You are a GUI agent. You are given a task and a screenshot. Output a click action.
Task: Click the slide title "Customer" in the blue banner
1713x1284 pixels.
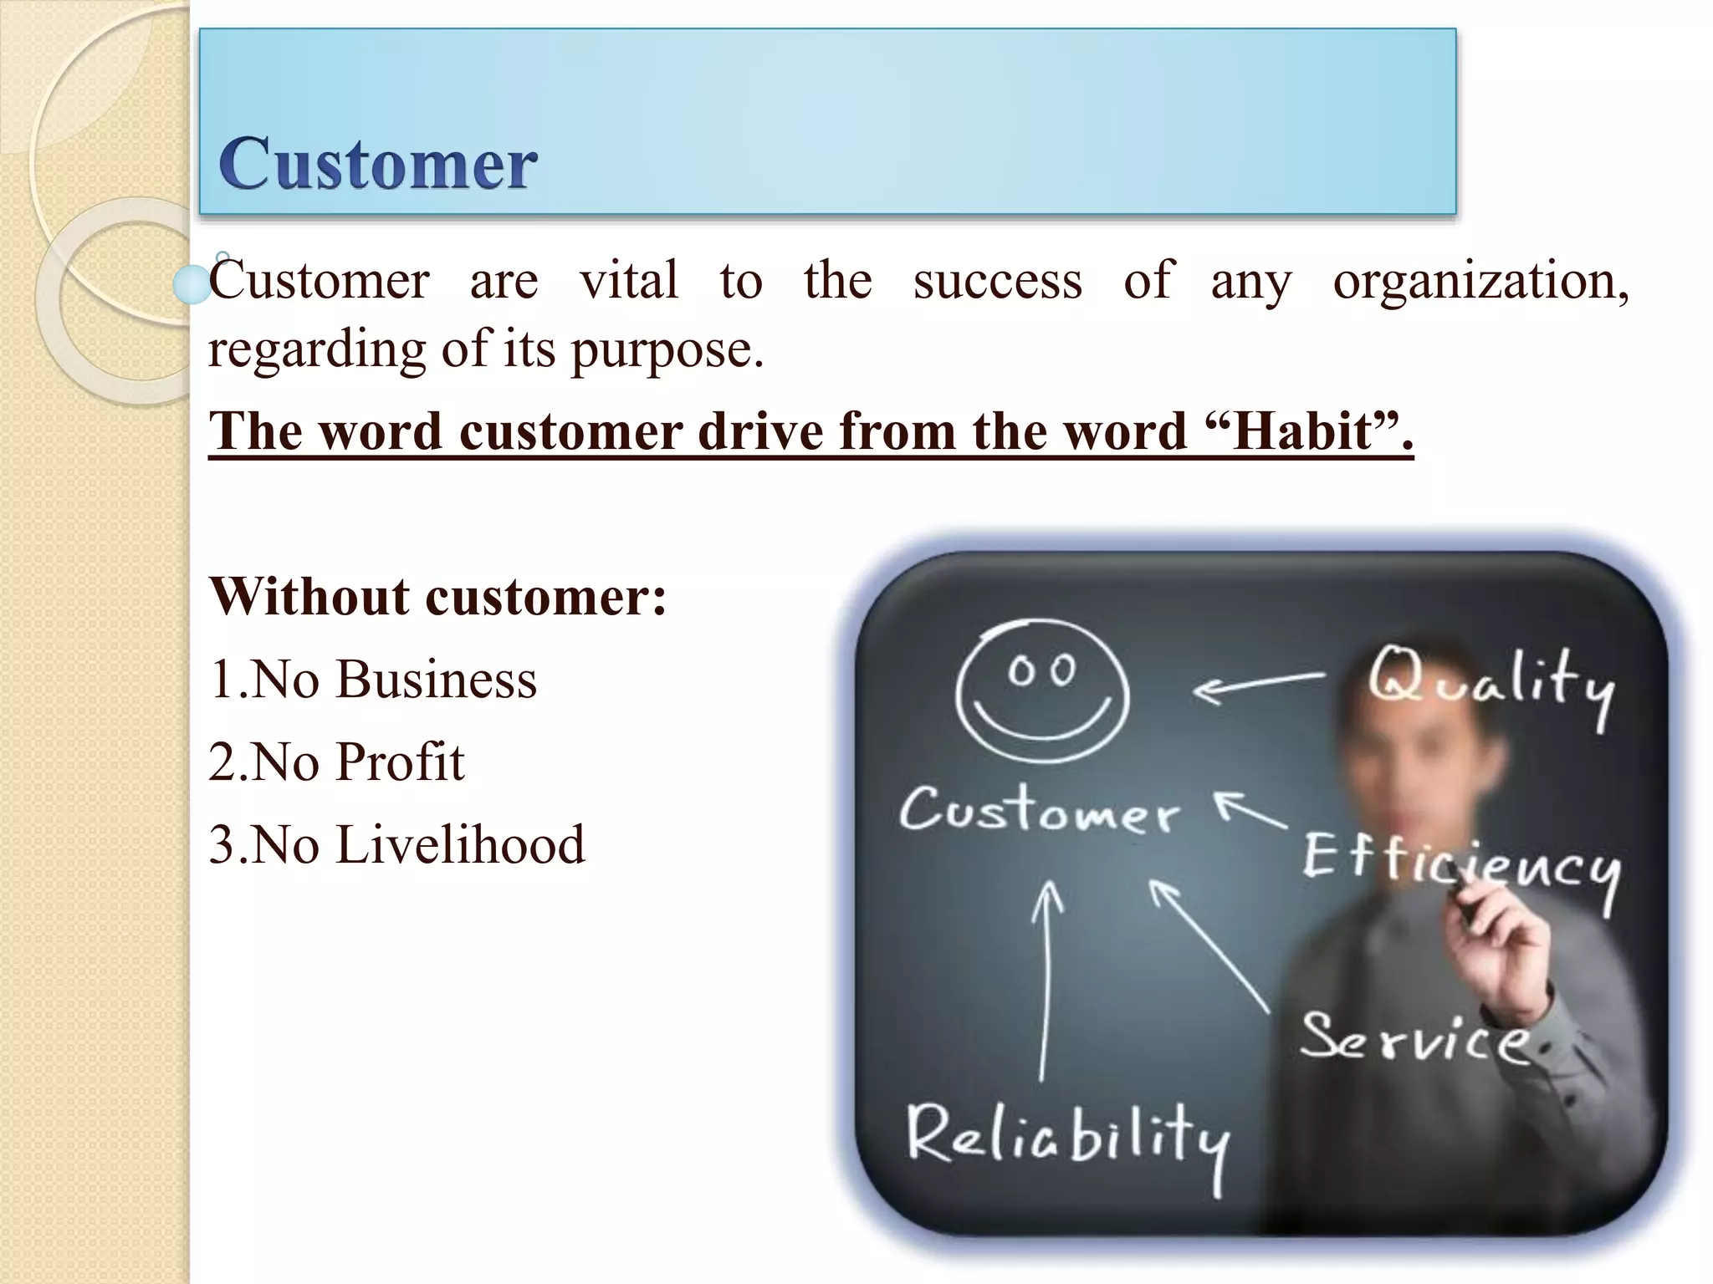[377, 164]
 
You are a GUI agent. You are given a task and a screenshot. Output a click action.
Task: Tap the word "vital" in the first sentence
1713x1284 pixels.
[629, 280]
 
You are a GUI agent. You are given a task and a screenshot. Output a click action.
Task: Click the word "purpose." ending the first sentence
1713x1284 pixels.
[667, 349]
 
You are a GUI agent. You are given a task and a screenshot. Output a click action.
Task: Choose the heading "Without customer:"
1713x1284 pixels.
[438, 597]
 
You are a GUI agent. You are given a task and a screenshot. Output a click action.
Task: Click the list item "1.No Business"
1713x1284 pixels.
[373, 679]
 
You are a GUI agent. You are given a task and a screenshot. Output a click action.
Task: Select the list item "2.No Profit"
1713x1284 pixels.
[336, 762]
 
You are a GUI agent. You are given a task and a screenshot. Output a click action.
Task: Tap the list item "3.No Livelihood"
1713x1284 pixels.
[397, 844]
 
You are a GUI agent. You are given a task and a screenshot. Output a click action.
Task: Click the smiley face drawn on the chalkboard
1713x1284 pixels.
[1042, 692]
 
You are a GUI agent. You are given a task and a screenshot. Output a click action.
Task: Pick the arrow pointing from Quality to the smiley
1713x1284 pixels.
[1258, 685]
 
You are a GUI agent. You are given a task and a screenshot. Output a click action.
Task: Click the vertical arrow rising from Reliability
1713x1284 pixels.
[1045, 978]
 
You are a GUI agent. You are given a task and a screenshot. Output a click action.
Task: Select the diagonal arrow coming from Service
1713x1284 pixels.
[1209, 945]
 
